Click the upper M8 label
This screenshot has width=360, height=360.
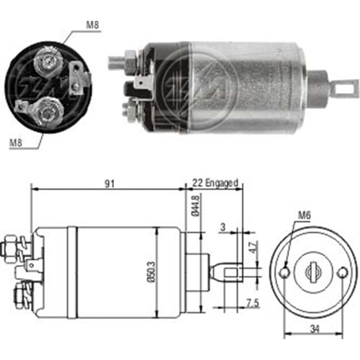[x=92, y=25]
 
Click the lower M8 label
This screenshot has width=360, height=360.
[x=16, y=143]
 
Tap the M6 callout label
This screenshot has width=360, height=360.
[x=305, y=215]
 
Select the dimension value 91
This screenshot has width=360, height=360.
[x=109, y=184]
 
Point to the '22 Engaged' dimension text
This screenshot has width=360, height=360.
[x=215, y=183]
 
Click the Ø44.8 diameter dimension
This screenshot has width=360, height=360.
[x=196, y=206]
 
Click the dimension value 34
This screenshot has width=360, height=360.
[x=315, y=329]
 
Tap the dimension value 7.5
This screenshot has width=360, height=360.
[x=253, y=304]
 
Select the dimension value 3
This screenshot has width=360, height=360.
[x=223, y=227]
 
